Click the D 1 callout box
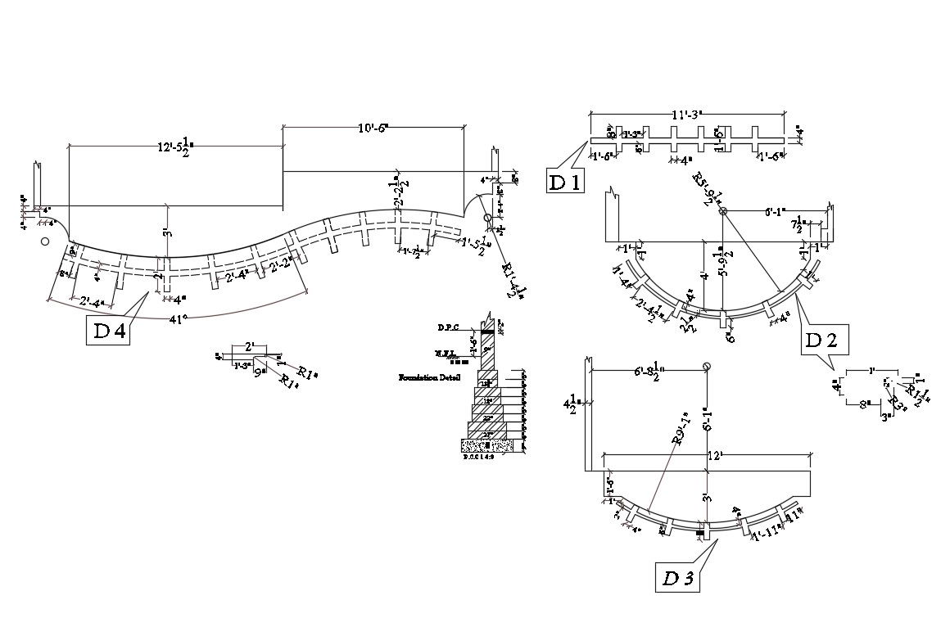(x=565, y=181)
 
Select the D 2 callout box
(x=824, y=340)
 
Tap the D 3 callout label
(x=679, y=578)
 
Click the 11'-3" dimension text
(x=687, y=115)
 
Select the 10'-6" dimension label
(x=373, y=128)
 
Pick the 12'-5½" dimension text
(x=175, y=147)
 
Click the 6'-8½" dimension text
(x=652, y=372)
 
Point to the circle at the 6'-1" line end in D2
(x=723, y=211)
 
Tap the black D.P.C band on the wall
(x=487, y=332)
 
